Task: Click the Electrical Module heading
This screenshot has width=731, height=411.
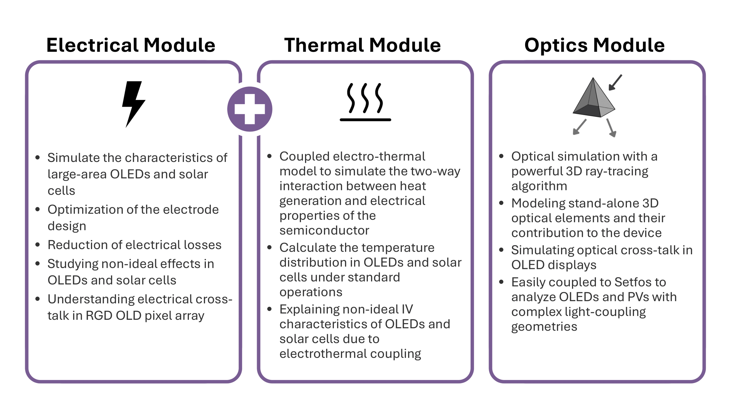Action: (131, 45)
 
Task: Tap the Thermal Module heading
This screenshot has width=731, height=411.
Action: (362, 45)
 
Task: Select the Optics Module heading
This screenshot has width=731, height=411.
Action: (594, 45)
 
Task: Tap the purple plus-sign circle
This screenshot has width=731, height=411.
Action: (250, 109)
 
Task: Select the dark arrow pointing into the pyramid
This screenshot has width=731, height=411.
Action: (615, 82)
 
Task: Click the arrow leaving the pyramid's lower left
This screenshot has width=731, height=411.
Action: (579, 127)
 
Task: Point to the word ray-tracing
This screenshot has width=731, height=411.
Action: (622, 172)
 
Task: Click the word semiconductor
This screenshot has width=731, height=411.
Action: (324, 231)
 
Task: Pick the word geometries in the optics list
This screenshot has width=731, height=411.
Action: (544, 327)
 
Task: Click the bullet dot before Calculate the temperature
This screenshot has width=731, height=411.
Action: (269, 248)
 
